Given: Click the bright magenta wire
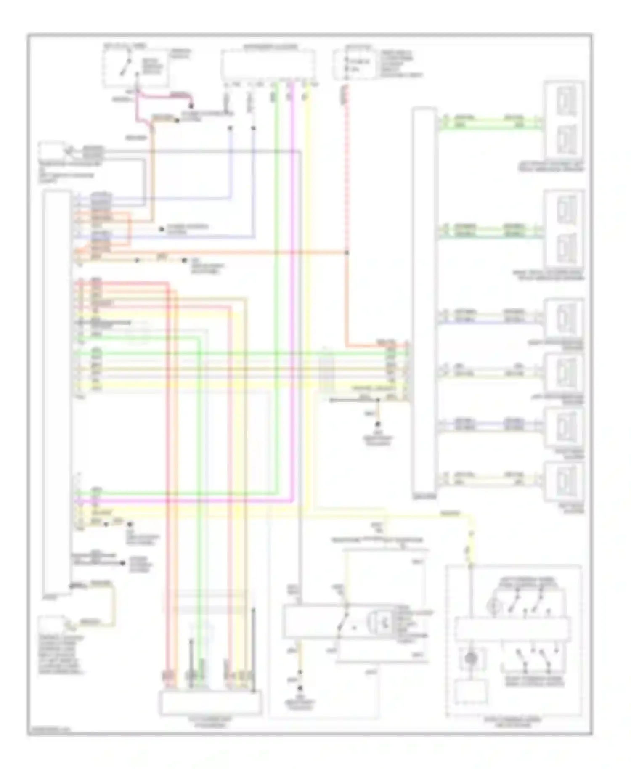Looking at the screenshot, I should (292, 294).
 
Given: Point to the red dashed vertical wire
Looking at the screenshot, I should (347, 168).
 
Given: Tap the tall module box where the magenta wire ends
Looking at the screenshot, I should (57, 391).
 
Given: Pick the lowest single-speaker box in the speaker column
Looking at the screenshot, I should (564, 482).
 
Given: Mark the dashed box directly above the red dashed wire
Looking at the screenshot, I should (355, 64).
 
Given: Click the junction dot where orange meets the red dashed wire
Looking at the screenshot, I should (347, 252).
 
